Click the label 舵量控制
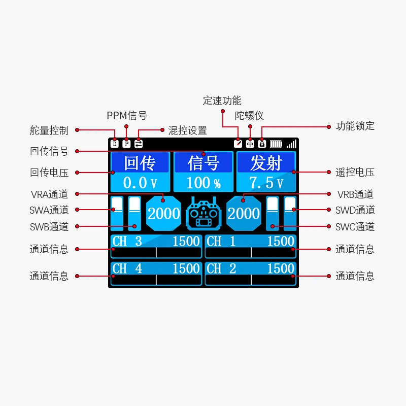click(49, 130)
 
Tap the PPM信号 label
click(126, 116)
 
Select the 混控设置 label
click(187, 130)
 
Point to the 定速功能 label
click(222, 100)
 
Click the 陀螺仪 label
click(249, 116)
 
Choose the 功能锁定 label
click(355, 126)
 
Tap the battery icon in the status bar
click(276, 144)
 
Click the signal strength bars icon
click(291, 144)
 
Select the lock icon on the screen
click(262, 144)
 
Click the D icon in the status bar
click(114, 144)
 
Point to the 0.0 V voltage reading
click(140, 183)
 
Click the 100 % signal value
click(203, 183)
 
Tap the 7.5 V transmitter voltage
click(266, 183)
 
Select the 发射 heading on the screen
click(266, 163)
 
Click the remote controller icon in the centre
click(204, 214)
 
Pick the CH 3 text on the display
click(127, 241)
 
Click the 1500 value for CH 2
click(281, 268)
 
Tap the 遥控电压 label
click(355, 172)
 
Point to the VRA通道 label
click(49, 194)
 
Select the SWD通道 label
click(355, 210)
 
